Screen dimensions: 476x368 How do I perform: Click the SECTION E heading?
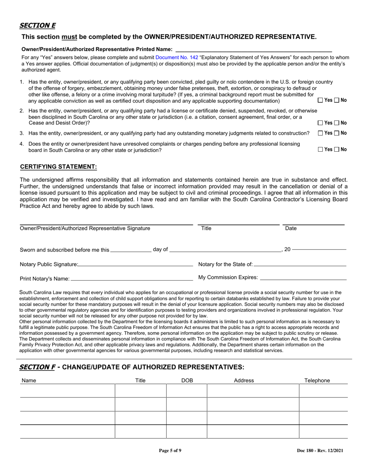[38, 26]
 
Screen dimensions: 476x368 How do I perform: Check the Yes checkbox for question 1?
[320, 100]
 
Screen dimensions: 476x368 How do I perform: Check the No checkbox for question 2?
[337, 123]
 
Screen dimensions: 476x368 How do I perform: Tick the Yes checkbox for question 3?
[320, 134]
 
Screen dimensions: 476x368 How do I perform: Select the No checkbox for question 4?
[337, 149]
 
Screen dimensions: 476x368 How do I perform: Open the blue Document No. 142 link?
[177, 57]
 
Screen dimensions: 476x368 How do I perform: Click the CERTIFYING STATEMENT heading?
[58, 167]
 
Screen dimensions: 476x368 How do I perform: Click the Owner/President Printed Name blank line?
[254, 49]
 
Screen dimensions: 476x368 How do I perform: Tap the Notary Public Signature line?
[135, 264]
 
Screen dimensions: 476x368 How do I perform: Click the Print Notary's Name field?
[132, 278]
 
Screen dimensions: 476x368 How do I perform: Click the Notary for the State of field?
[300, 264]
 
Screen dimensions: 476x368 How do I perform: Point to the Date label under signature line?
[291, 228]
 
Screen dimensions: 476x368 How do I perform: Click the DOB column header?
[187, 380]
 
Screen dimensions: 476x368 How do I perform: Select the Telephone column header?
[317, 380]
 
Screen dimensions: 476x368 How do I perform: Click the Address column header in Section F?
[244, 380]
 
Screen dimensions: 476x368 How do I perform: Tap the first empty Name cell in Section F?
[67, 390]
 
